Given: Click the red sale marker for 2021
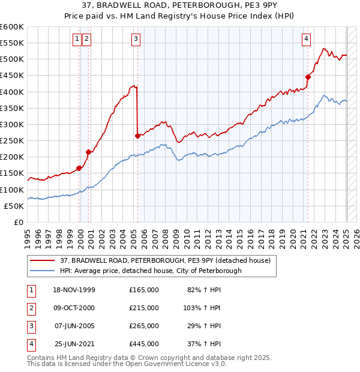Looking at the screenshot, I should pos(308,77).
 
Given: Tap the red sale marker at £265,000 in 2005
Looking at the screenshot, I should pos(138,136).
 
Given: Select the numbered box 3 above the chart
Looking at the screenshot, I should pos(136,40).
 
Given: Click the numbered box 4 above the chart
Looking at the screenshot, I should pos(306,40).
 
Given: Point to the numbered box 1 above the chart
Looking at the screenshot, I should pos(77,40).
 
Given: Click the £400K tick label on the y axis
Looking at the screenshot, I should pos(11,92).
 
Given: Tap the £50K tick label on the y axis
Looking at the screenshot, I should pos(13,206).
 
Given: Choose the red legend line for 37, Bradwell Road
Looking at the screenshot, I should pos(43,260).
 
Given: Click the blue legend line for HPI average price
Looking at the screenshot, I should pos(43,271).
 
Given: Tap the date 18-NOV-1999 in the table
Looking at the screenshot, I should pos(74,290).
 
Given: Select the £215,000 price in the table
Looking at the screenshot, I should pos(144,308).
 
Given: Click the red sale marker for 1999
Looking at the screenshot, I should pos(79,168).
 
